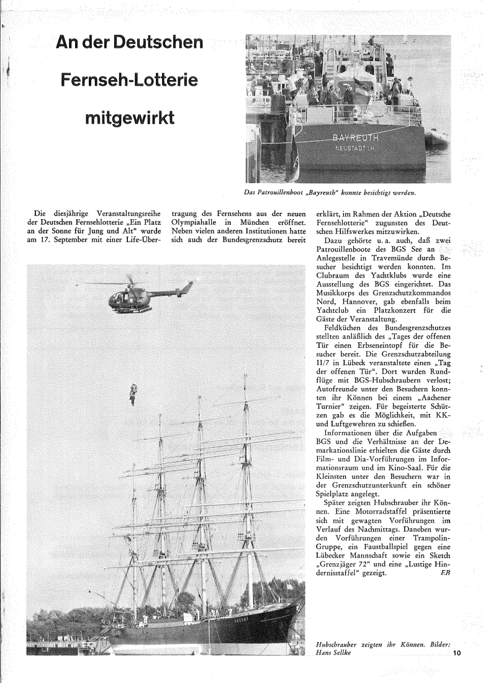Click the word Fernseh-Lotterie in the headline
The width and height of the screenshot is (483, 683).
point(129,80)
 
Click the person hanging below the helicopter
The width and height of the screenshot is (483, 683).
point(132,394)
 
